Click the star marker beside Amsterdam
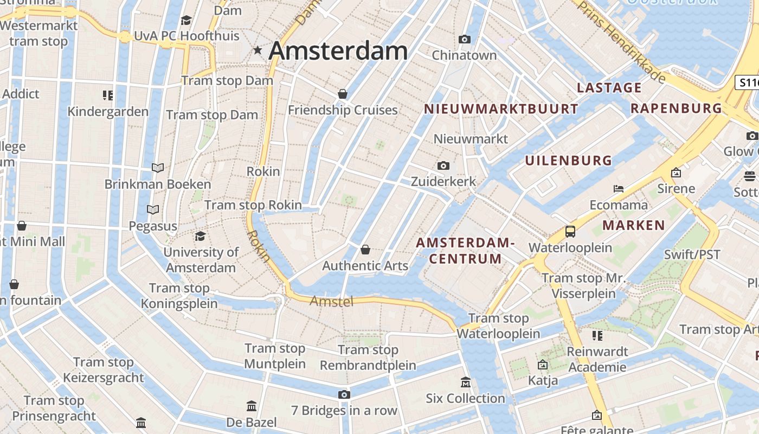coord(258,50)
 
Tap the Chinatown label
coord(464,55)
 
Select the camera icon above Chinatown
coord(464,39)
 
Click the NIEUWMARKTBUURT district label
coord(501,109)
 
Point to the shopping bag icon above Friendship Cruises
coord(343,94)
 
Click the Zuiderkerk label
coord(443,181)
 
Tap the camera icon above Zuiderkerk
coord(443,165)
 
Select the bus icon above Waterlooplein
coord(570,232)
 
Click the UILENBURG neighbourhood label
coord(568,161)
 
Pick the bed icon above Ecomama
coord(619,189)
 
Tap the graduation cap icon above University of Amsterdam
coord(200,236)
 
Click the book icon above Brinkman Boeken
coord(157,168)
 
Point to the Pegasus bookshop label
coord(153,226)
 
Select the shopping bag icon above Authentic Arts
coord(365,250)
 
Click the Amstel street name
coord(331,301)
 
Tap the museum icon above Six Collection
coord(465,382)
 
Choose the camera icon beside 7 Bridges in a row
coord(344,394)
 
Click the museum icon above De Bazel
coord(252,406)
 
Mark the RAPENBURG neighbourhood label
coord(676,108)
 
